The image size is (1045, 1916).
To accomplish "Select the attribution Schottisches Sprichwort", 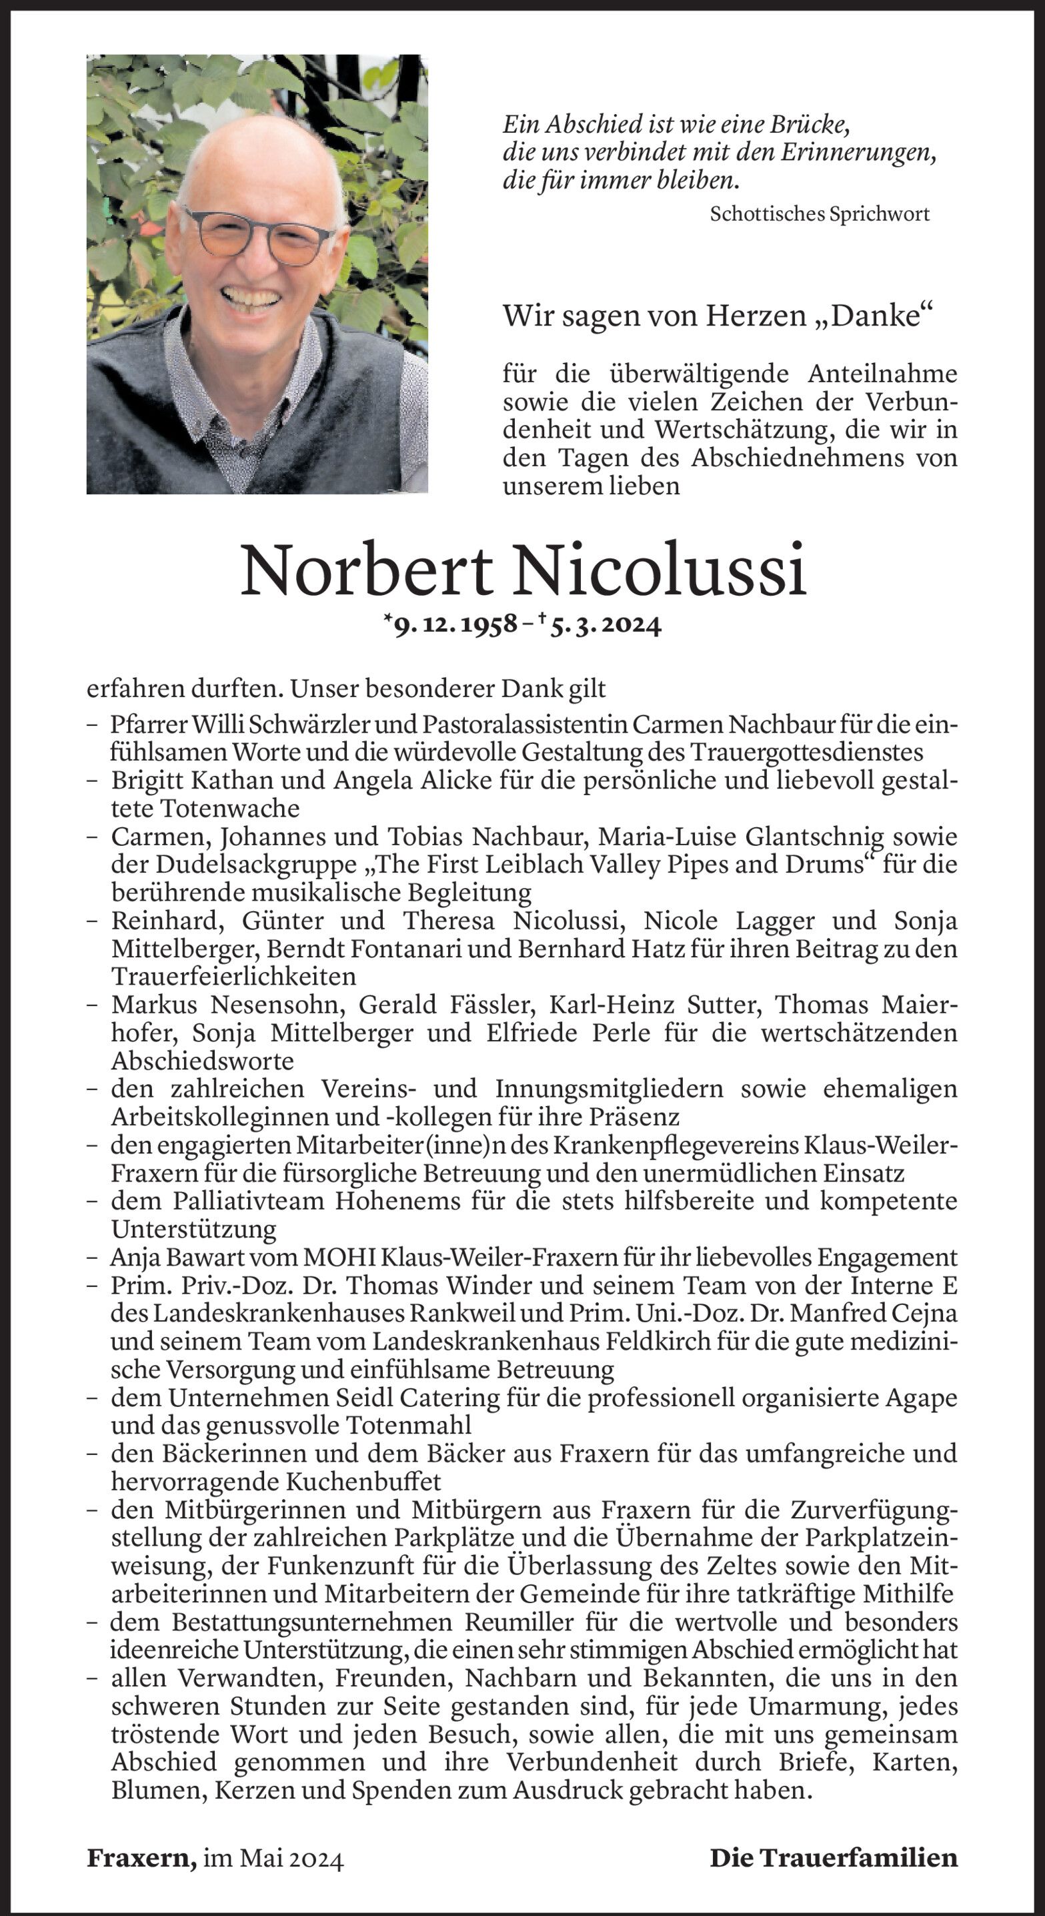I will coord(820,214).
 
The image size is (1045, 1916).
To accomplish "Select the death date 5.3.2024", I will coord(606,625).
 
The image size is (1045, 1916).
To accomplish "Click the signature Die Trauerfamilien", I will coord(834,1858).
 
